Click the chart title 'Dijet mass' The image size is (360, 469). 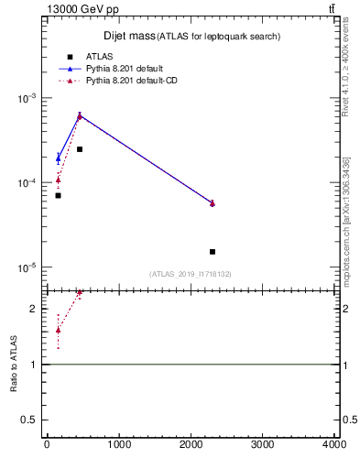point(127,36)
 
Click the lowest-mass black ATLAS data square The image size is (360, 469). point(58,195)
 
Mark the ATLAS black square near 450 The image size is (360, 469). point(80,148)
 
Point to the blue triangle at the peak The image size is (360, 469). point(80,115)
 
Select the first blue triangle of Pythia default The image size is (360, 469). point(58,158)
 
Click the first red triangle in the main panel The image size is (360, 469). point(58,180)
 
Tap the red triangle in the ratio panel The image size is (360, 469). point(58,330)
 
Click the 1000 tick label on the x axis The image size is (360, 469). point(118,446)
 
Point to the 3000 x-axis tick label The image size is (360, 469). point(263,446)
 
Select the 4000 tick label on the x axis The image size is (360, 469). point(334,446)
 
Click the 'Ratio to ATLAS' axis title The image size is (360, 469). point(14,365)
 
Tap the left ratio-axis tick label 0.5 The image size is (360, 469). point(31,420)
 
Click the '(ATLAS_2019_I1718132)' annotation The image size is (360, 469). point(191,274)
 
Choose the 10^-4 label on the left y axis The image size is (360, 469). point(27,183)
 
